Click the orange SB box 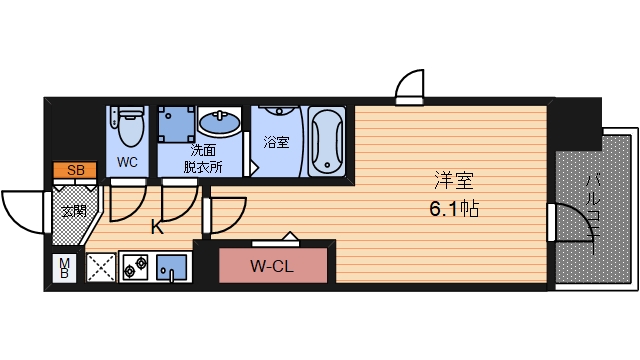[x=76, y=170]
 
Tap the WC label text [x=127, y=161]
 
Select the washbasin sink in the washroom [x=220, y=125]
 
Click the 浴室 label [x=276, y=142]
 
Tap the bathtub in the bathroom [x=327, y=140]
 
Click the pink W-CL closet [x=273, y=265]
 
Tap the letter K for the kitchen [x=156, y=227]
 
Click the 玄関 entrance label [x=73, y=211]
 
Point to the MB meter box [x=64, y=268]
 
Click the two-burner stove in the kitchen [x=134, y=268]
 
